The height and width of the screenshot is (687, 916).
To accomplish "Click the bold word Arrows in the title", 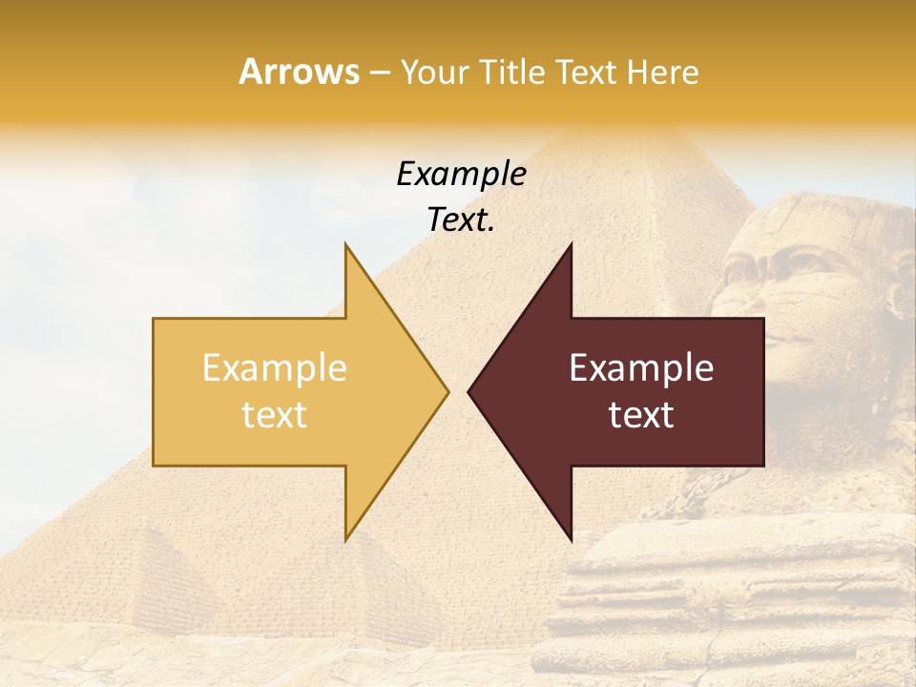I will (300, 72).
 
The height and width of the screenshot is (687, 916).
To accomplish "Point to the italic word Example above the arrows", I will (461, 174).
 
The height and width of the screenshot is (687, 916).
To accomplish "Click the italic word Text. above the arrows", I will (461, 220).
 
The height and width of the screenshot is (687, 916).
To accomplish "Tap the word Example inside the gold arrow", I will (275, 368).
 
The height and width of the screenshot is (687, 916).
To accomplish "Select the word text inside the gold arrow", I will (275, 414).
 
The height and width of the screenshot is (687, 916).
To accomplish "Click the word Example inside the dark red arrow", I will (641, 368).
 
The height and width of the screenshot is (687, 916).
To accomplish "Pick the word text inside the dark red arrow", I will (641, 414).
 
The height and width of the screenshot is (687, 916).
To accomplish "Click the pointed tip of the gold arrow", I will (448, 391).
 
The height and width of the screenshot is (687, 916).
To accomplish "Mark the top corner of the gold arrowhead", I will (345, 244).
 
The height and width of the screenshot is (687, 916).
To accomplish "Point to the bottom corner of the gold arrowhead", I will (345, 539).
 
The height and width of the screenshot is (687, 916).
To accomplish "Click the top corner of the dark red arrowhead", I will (571, 244).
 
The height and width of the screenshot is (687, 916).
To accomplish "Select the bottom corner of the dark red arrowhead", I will (571, 539).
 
